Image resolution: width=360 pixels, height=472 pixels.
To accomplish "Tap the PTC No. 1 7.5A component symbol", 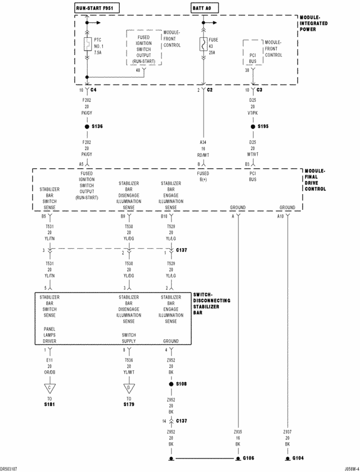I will click(87, 46).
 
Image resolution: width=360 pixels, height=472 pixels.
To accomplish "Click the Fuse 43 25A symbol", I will click(202, 46).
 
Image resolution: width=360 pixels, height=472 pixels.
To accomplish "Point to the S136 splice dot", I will click(87, 127).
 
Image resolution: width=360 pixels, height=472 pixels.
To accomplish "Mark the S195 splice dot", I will click(253, 127).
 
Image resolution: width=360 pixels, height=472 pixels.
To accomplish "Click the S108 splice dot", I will click(170, 384).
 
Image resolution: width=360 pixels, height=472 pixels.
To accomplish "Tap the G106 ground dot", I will click(237, 458).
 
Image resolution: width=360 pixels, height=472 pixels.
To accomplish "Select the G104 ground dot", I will click(287, 458).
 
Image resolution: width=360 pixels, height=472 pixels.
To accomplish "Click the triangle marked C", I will click(49, 388).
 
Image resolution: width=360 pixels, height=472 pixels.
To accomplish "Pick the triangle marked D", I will click(128, 388).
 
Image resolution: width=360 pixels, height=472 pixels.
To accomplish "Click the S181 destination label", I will click(49, 404).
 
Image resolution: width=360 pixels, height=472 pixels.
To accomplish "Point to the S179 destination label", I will click(128, 404).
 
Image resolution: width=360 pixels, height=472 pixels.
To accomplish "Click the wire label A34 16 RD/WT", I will click(203, 149).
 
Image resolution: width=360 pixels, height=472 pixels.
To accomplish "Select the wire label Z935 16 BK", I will click(238, 437).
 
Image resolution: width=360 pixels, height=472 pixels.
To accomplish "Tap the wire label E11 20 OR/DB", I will click(49, 366).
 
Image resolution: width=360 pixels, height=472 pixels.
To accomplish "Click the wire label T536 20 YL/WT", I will click(129, 366).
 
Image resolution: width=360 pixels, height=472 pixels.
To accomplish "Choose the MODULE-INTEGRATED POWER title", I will click(315, 24).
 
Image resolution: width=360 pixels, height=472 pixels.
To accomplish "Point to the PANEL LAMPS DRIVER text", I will click(49, 335).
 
